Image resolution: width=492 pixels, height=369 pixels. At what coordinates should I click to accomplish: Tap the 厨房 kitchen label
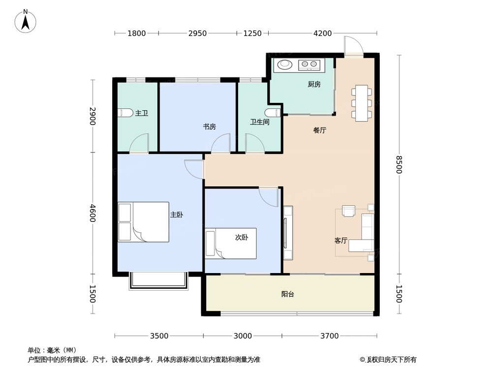314,84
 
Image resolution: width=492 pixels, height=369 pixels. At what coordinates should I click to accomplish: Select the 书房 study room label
210,126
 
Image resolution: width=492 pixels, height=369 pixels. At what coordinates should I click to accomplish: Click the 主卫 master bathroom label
142,113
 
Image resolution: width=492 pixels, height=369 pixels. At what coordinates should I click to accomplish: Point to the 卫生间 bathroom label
259,122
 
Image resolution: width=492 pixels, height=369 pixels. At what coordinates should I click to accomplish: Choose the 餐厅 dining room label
320,130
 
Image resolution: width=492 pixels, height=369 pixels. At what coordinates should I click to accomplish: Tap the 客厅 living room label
341,241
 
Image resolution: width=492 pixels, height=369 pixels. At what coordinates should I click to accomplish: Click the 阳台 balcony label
288,294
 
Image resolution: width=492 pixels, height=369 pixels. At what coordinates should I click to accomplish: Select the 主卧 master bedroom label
177,215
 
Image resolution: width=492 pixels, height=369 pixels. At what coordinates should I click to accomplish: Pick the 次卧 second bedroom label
242,237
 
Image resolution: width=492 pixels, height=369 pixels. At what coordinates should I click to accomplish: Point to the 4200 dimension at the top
323,33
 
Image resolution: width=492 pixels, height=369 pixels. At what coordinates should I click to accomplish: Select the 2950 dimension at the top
197,33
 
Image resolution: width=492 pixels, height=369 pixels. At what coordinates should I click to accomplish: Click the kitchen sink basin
285,64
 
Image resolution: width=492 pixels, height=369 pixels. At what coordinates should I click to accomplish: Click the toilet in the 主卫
126,113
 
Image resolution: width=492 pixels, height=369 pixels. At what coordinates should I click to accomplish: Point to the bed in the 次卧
231,243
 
